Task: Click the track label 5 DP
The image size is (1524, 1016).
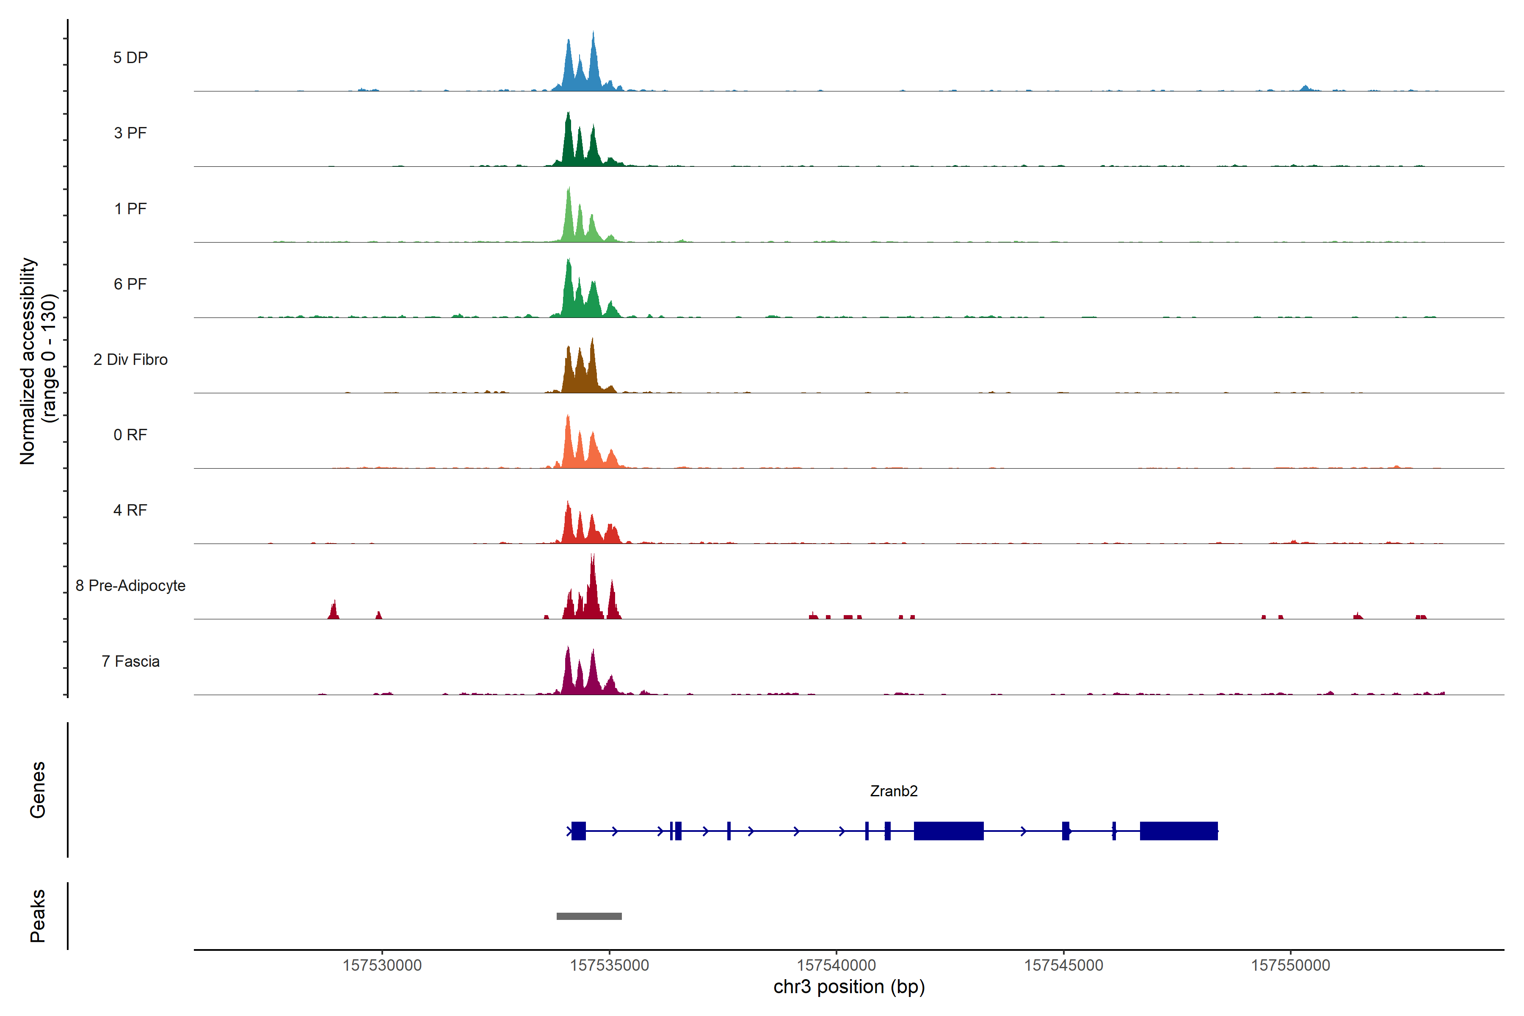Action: tap(130, 58)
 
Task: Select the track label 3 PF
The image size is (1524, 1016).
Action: tap(130, 133)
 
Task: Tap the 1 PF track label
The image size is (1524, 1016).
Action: tap(130, 209)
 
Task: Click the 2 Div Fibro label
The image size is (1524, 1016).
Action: tap(130, 359)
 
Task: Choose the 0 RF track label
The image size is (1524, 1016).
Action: tap(130, 435)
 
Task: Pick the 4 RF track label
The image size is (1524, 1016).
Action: tap(130, 510)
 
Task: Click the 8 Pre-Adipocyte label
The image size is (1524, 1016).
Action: tap(130, 586)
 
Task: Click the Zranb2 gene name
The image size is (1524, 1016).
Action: tap(894, 791)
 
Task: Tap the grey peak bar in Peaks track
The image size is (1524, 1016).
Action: tap(589, 916)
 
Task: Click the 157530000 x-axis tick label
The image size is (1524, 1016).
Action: tap(382, 966)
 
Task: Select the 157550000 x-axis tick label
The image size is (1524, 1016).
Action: tap(1290, 966)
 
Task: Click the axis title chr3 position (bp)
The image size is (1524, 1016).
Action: tap(849, 987)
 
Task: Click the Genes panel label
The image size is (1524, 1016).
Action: tap(38, 790)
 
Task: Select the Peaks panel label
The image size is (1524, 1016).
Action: tap(38, 916)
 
